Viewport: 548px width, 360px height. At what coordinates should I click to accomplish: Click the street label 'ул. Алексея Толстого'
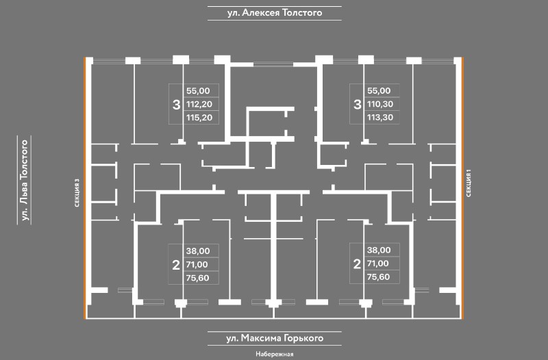point(274,12)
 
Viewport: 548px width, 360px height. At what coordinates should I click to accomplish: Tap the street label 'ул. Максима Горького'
point(274,338)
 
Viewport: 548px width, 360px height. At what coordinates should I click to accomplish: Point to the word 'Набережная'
point(274,354)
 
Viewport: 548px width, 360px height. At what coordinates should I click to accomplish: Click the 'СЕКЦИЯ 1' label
point(469,183)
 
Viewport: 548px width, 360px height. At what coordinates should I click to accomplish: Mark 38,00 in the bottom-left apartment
point(197,250)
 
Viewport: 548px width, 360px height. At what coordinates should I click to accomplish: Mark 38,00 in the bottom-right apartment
point(379,250)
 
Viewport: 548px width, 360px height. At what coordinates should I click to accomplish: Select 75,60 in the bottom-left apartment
point(197,277)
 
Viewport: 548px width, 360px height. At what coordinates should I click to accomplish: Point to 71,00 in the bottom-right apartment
point(379,264)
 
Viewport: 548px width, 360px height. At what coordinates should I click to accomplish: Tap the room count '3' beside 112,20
point(176,105)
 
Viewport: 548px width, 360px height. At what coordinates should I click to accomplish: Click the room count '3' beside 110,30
point(357,105)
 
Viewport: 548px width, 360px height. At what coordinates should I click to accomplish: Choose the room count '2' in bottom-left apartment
point(175,264)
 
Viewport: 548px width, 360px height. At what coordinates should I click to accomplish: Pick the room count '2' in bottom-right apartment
point(357,264)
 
